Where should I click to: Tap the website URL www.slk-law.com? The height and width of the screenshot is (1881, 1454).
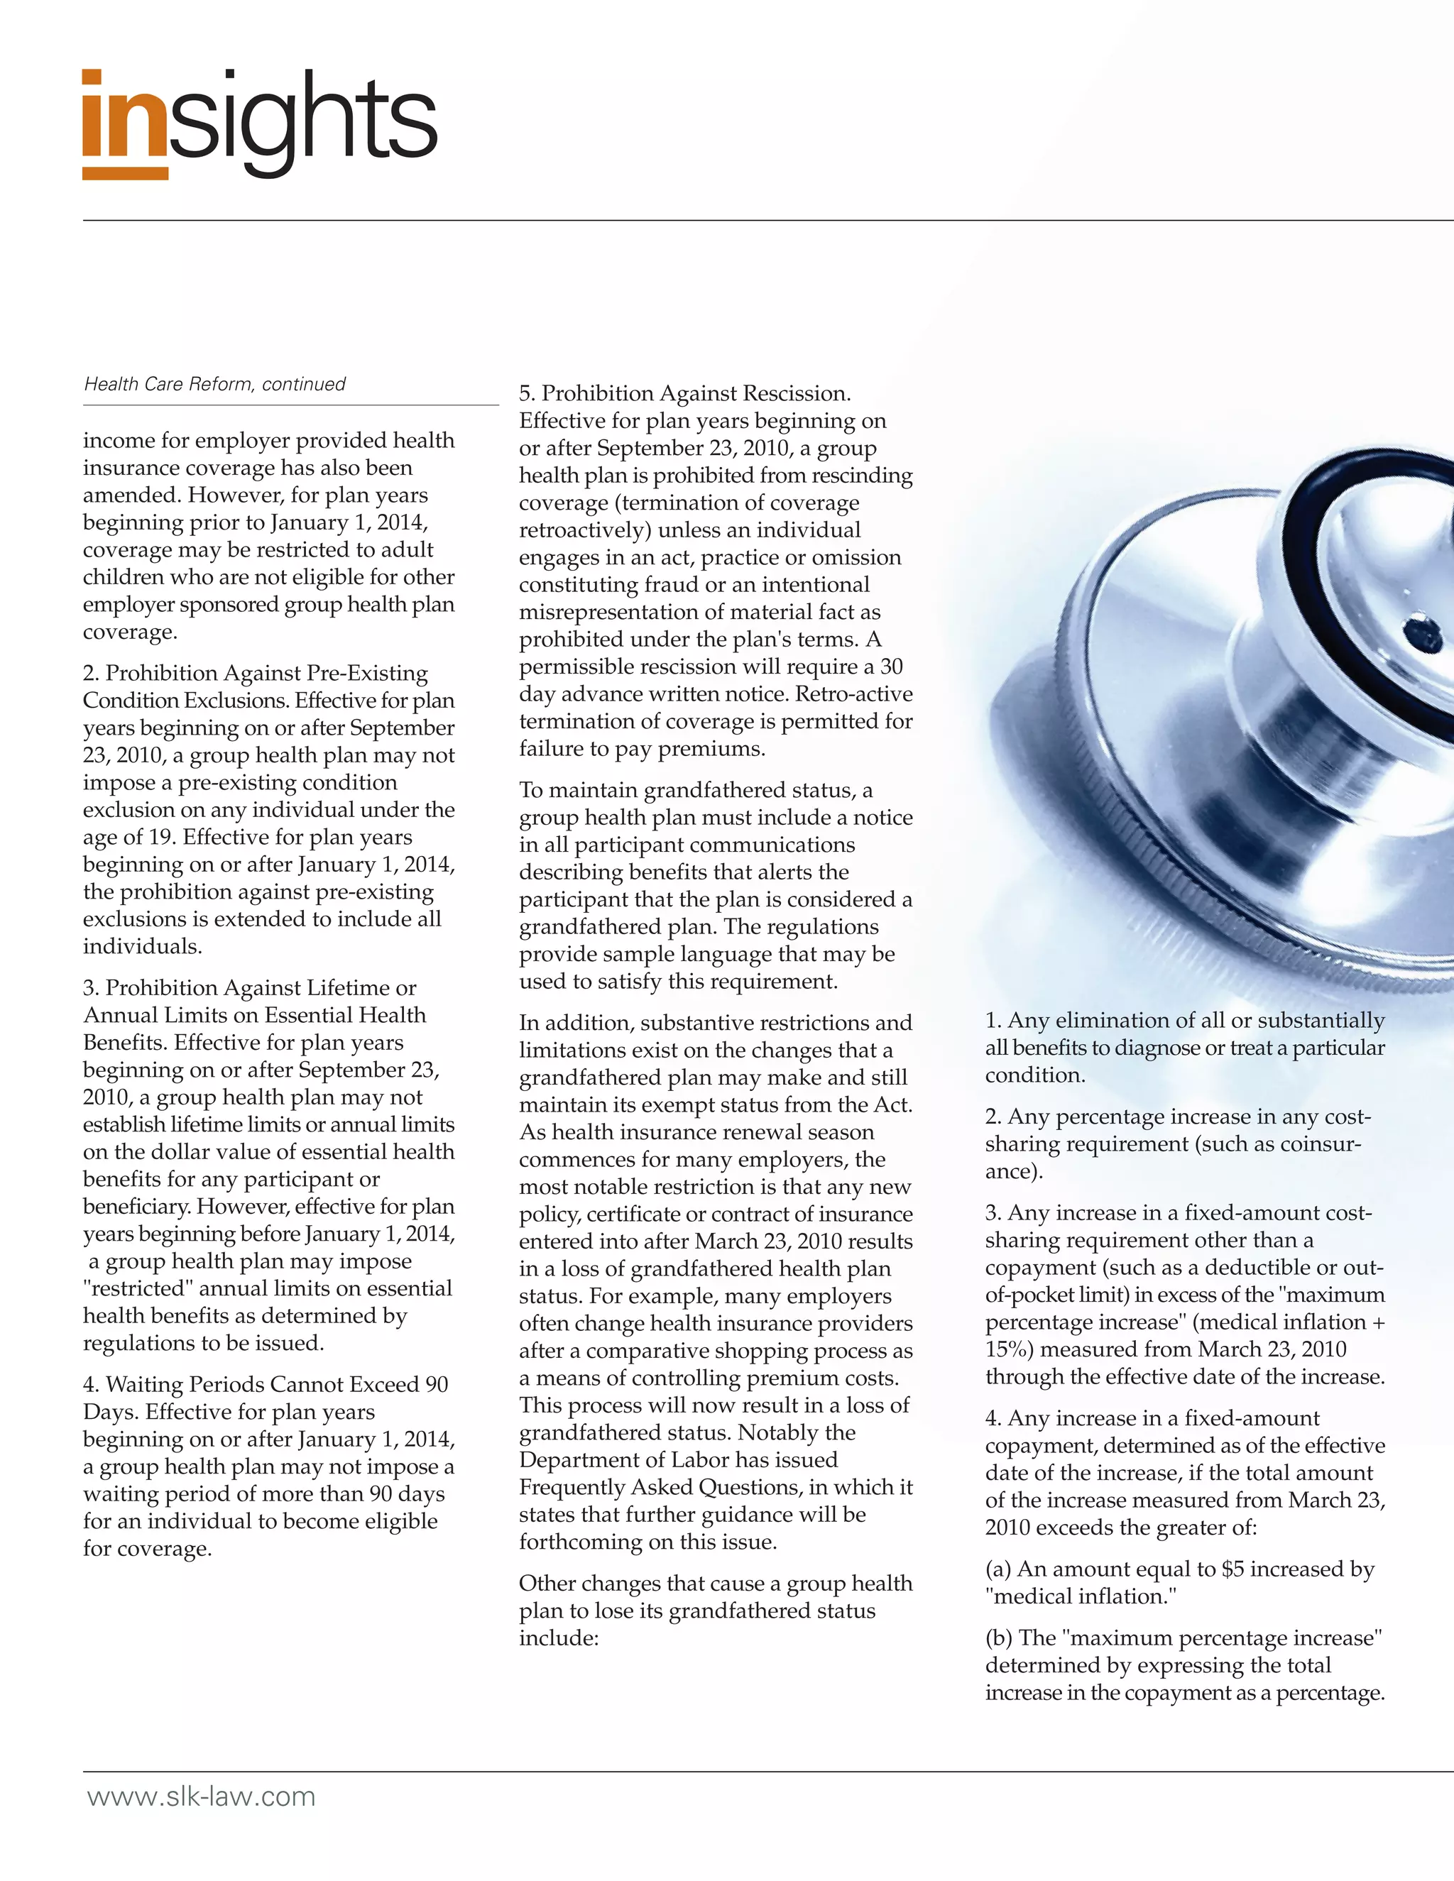201,1797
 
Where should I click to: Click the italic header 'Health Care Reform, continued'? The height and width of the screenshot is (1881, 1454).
214,384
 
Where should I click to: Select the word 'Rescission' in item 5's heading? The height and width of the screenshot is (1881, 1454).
796,394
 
